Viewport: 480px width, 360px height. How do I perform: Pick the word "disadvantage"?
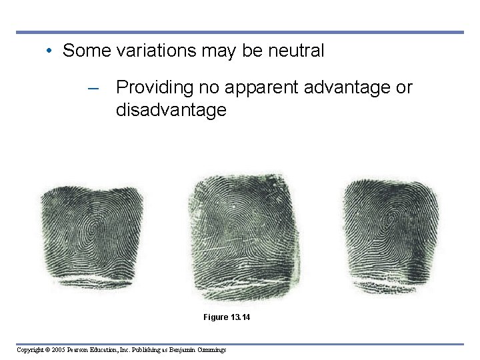[171, 110]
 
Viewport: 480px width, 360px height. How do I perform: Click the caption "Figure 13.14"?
[227, 317]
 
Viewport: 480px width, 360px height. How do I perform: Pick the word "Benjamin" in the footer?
[178, 349]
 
